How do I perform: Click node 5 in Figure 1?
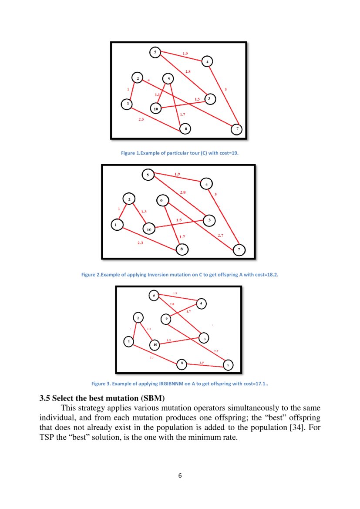click(155, 52)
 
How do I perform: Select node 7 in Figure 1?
click(236, 129)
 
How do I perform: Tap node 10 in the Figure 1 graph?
click(156, 108)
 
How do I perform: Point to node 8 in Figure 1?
click(185, 129)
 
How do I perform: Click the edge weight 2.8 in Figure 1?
click(188, 71)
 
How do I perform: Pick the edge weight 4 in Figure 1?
click(149, 80)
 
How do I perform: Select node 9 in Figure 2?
click(161, 200)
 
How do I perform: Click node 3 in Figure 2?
click(209, 220)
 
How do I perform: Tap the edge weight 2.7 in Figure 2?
click(221, 235)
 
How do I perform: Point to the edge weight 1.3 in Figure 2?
click(144, 212)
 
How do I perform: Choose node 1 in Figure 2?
click(117, 225)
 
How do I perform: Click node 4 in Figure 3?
click(201, 303)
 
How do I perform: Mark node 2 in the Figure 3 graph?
click(138, 318)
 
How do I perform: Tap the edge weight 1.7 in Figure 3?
click(188, 311)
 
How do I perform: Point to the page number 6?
click(180, 475)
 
